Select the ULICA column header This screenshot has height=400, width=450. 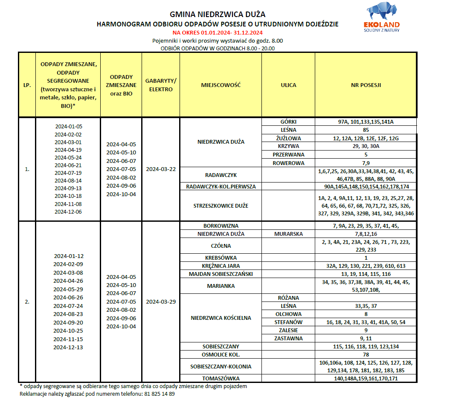[288, 85]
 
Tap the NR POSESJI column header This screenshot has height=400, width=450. [366, 85]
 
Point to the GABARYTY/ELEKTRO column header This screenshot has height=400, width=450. [161, 85]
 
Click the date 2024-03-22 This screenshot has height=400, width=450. [161, 169]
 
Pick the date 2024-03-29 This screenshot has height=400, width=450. [161, 301]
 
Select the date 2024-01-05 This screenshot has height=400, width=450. [69, 126]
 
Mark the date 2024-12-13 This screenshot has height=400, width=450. [69, 347]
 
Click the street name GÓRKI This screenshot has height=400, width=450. [288, 122]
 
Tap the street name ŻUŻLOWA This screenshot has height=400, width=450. [288, 138]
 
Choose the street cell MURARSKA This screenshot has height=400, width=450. [288, 234]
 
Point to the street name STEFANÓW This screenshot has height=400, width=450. [288, 322]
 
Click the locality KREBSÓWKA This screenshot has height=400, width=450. [221, 258]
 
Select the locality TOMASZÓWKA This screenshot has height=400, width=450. [221, 378]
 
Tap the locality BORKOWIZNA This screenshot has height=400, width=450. [221, 226]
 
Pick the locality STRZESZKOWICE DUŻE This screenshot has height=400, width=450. [221, 206]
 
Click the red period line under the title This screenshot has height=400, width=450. [218, 33]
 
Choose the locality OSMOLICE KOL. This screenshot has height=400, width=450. [221, 354]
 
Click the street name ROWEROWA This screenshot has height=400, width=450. [288, 162]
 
